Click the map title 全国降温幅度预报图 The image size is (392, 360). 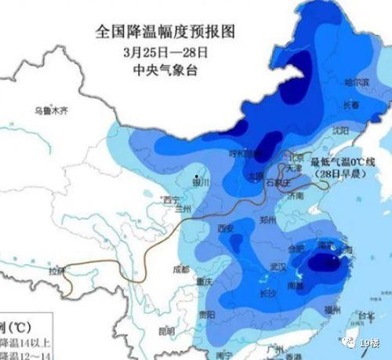click(x=165, y=32)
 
